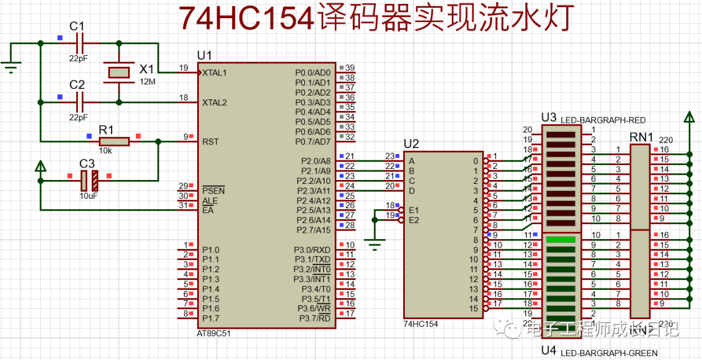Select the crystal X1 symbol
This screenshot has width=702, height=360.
coord(119,72)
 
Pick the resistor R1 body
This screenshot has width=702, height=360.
coord(114,141)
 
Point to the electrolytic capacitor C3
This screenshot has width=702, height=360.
coord(88,179)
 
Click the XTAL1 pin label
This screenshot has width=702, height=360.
coord(215,73)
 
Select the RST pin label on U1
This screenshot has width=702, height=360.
coord(211,141)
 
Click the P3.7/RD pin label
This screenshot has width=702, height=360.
coord(315,318)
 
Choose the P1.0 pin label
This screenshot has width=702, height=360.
coord(211,250)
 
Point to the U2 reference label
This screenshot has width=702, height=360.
coord(411,144)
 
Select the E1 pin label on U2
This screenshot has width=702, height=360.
coord(413,210)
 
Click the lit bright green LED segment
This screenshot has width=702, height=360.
coord(561,240)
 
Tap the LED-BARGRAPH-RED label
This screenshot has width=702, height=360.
coord(602,120)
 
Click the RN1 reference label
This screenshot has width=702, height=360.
coord(641,137)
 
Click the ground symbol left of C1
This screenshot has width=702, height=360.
coord(10,65)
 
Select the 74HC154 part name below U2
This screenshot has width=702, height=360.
coord(421,323)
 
